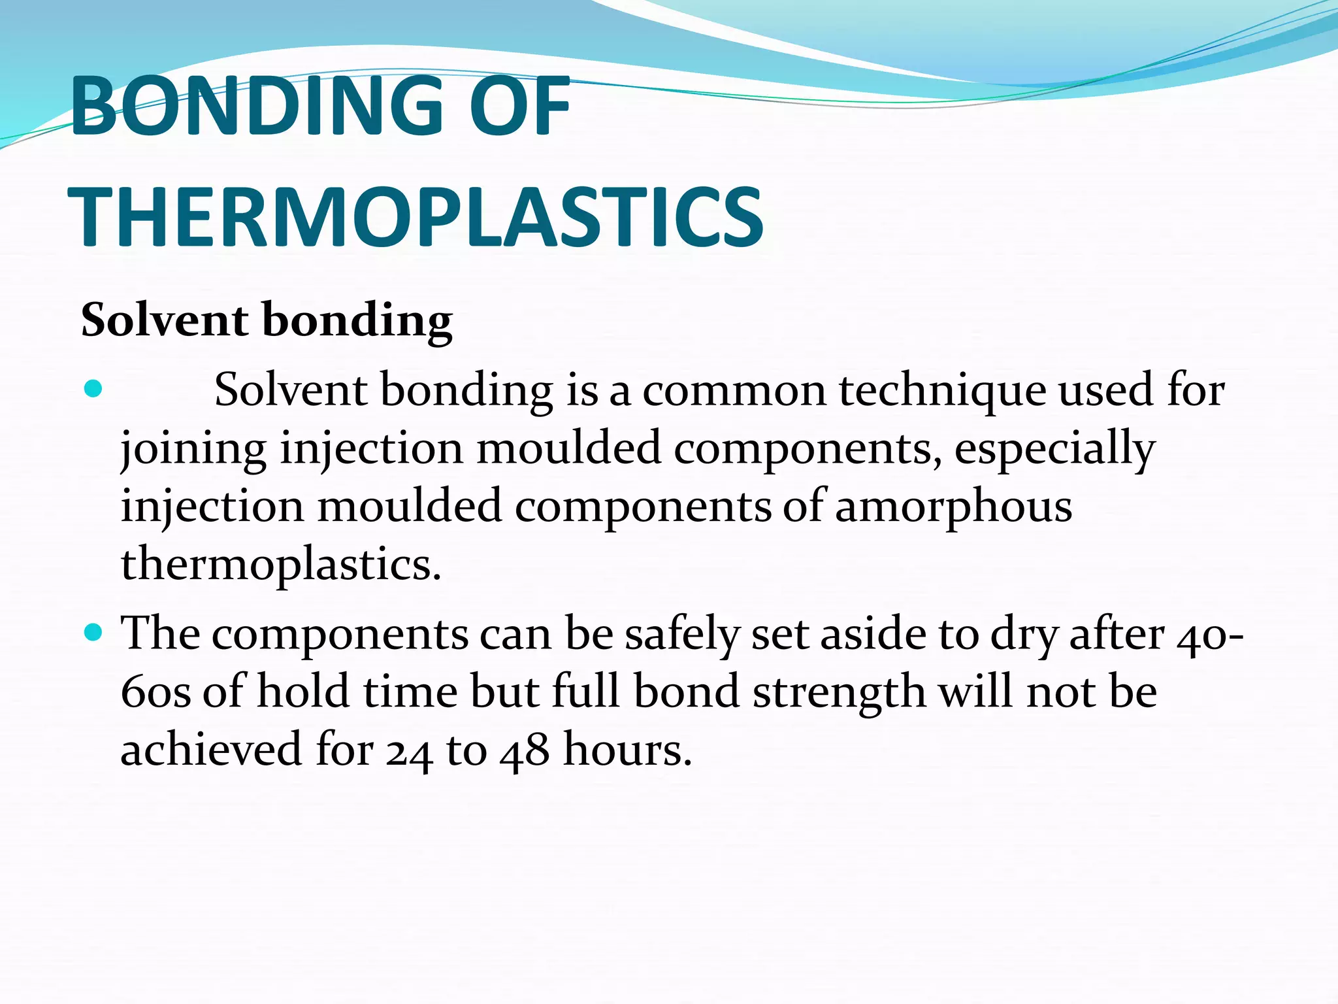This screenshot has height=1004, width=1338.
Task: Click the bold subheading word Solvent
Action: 165,320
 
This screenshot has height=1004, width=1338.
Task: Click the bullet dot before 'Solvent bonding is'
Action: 94,389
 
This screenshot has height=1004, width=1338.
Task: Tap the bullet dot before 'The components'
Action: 94,633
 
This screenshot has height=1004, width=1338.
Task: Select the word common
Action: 734,391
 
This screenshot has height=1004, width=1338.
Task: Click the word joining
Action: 193,450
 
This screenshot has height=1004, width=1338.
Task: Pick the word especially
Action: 1054,450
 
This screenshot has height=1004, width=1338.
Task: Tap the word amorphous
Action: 953,507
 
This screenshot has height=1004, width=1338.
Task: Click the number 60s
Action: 156,692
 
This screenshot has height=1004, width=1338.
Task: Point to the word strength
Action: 839,692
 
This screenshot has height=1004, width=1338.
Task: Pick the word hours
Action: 627,749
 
